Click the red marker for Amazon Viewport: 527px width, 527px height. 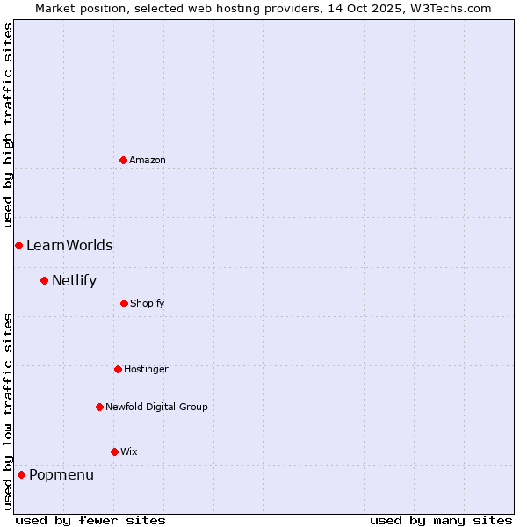[123, 160]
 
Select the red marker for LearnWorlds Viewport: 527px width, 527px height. [18, 245]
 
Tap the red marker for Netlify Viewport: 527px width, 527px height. [44, 280]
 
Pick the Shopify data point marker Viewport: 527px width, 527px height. [124, 303]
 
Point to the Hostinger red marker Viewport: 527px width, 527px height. [118, 369]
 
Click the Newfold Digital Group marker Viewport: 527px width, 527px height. [99, 407]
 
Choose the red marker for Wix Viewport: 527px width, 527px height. [114, 451]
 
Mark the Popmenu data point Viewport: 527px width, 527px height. [21, 474]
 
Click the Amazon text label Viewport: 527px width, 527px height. [148, 160]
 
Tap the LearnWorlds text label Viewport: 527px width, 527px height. [69, 245]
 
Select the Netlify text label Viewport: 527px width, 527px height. [74, 281]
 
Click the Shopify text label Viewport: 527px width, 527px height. [148, 303]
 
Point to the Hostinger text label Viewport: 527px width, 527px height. [146, 369]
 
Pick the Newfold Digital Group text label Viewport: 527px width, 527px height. [156, 407]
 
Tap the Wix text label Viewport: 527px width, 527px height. [129, 451]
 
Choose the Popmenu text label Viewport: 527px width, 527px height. [61, 475]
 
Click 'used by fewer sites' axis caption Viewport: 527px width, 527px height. [90, 520]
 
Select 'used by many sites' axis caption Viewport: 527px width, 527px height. [441, 520]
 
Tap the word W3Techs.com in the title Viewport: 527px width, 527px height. [448, 8]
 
